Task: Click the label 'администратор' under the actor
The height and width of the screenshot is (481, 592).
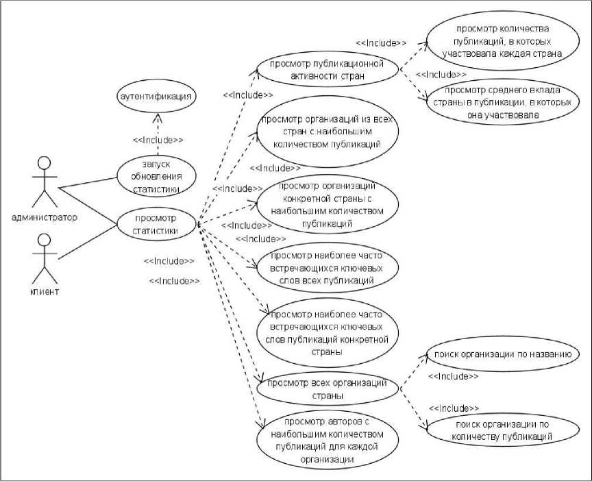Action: coord(45,217)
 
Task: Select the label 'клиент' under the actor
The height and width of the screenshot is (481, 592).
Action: coord(45,292)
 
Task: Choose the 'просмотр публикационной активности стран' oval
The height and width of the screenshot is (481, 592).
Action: coord(328,69)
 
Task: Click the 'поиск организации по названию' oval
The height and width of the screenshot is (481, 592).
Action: coord(498,354)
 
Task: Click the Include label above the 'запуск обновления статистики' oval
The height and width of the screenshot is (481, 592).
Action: coord(158,140)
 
